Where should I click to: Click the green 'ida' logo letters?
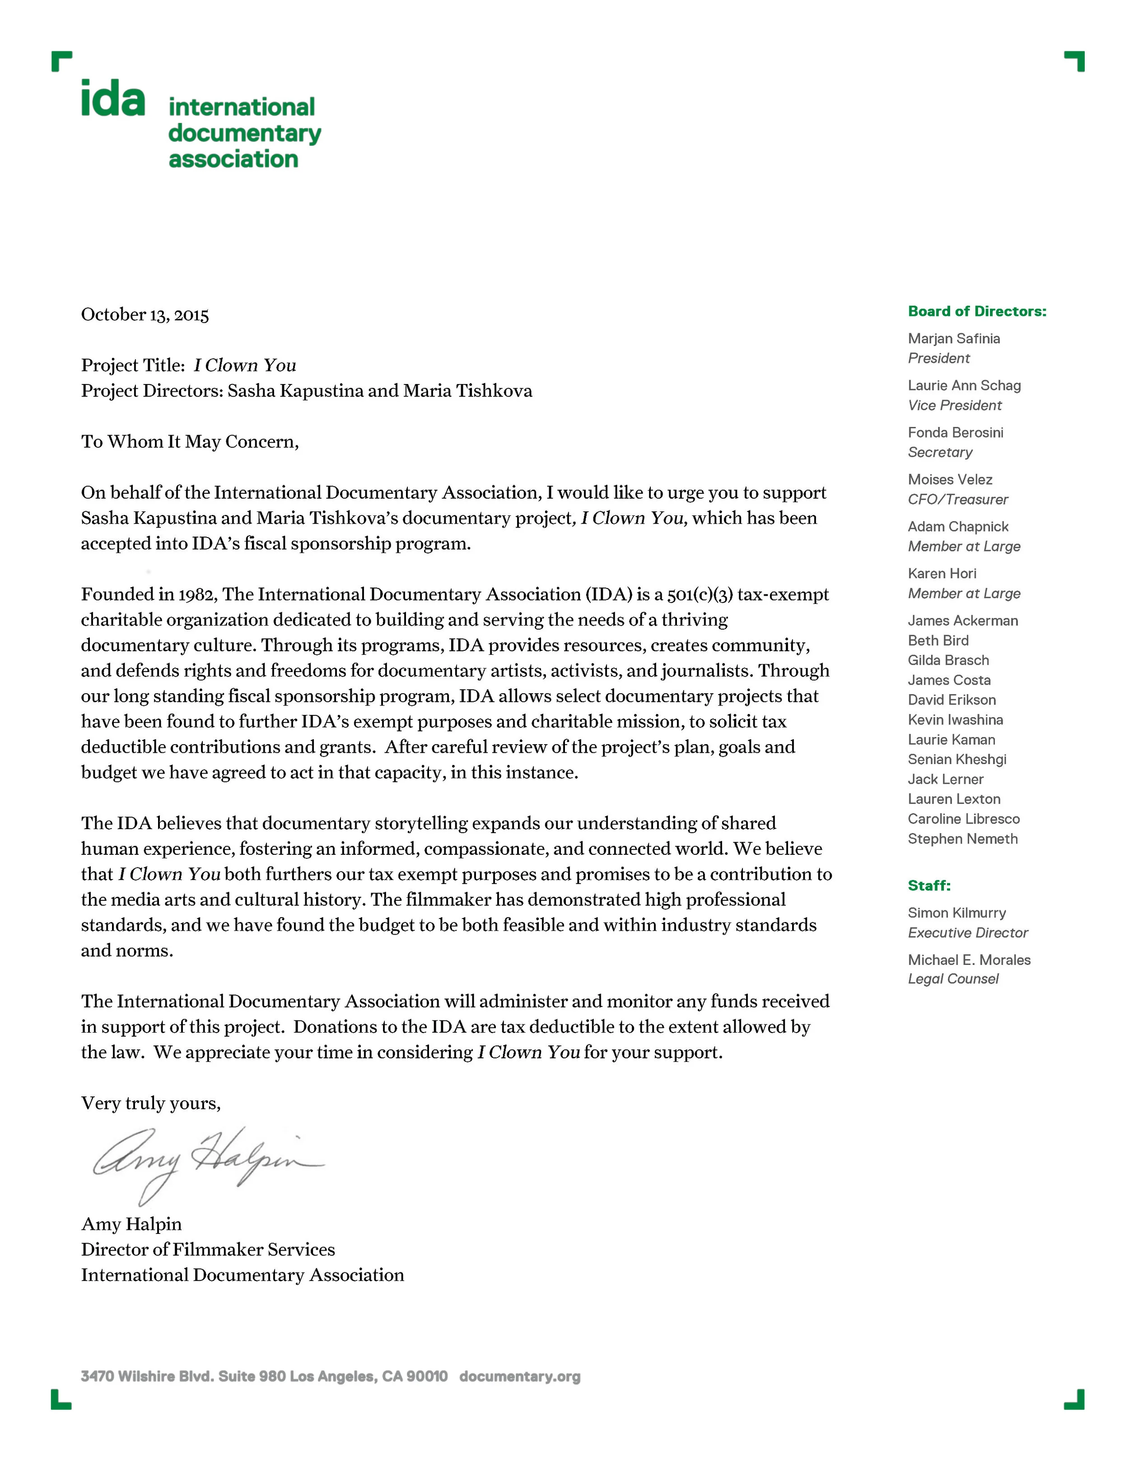click(x=112, y=98)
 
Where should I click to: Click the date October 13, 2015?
click(x=145, y=315)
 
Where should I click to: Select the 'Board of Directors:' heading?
click(x=976, y=311)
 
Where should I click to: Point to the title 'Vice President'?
click(x=954, y=406)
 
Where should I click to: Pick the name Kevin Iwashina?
click(x=955, y=720)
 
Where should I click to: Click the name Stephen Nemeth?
click(x=962, y=839)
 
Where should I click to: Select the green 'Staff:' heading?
click(x=928, y=886)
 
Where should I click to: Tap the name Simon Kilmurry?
click(x=956, y=913)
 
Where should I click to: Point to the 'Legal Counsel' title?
click(x=952, y=979)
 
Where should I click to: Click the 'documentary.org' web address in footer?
click(x=520, y=1377)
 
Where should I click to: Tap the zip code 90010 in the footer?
click(x=427, y=1377)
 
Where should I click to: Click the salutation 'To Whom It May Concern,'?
click(x=190, y=442)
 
